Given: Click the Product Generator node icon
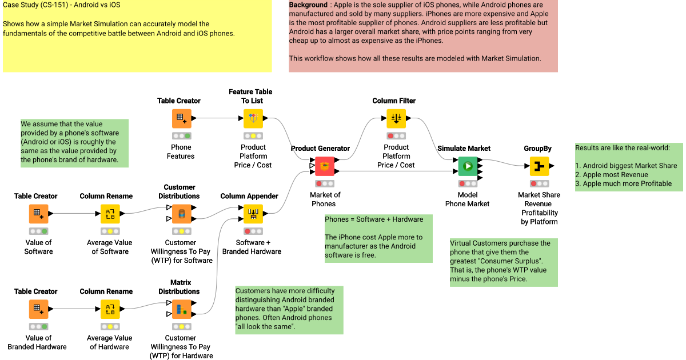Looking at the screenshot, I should click(324, 166).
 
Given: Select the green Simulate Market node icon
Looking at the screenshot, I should click(468, 166).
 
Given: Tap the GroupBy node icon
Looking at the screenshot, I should click(539, 166).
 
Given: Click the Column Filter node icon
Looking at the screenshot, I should click(396, 119).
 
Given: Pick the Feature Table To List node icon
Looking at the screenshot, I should click(253, 119).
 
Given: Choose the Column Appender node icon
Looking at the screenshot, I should click(253, 214).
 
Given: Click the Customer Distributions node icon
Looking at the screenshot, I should click(181, 214).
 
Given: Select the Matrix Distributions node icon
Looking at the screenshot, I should click(181, 310).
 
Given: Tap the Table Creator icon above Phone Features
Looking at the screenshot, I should click(181, 119).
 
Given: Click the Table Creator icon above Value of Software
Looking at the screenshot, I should click(38, 214).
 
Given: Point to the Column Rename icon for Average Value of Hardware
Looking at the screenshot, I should click(110, 310).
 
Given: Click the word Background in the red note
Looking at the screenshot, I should click(308, 5).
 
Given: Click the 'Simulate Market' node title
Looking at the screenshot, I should click(464, 149).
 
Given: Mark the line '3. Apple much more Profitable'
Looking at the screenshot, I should click(623, 184).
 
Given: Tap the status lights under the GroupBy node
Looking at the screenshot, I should click(539, 183).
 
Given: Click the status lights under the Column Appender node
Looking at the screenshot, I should click(253, 231).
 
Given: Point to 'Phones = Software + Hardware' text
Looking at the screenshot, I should click(374, 219).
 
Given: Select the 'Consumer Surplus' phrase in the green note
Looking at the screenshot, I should click(507, 261).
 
